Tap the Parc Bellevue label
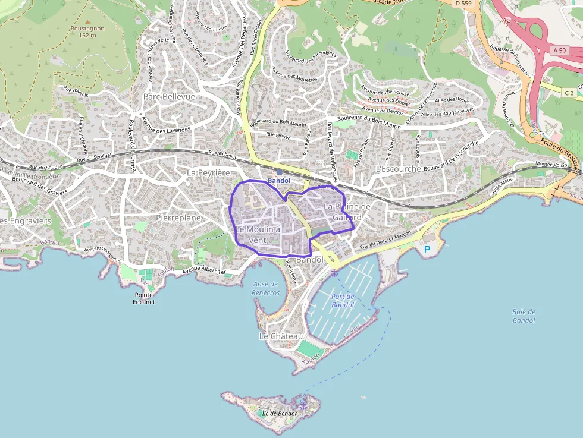[169, 96]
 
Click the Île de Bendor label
[278, 413]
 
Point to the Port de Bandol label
[343, 301]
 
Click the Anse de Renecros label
[265, 288]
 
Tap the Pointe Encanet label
[145, 298]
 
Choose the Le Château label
[281, 336]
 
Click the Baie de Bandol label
[524, 316]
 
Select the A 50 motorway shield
[559, 51]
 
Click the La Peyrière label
[208, 172]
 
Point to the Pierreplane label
[178, 218]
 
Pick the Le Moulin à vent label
[258, 234]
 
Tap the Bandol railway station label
[278, 181]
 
